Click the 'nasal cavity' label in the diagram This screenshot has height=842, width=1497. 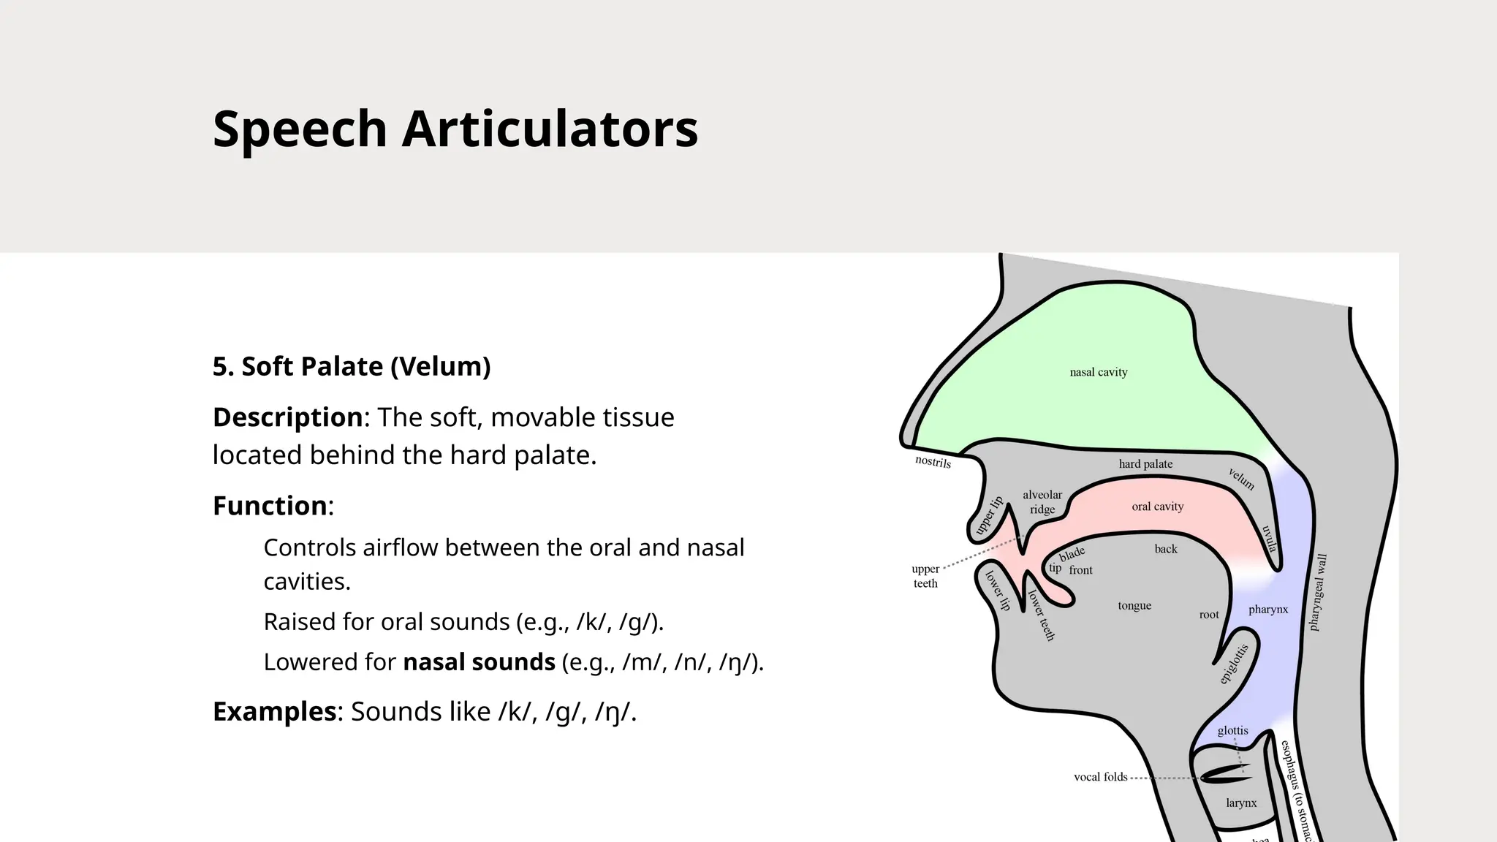1098,372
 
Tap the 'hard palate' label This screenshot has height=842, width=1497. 1145,464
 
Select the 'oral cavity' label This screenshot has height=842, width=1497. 1157,507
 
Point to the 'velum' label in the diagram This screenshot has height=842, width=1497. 1241,479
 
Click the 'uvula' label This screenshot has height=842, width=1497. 1269,539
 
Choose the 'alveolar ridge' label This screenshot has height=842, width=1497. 1042,502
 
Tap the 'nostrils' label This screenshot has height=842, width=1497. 933,462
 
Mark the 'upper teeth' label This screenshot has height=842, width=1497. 925,576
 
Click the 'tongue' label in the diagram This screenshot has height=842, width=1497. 1134,605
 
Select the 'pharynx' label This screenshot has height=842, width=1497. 1268,610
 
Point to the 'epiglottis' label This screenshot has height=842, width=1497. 1234,664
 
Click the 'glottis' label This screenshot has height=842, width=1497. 1232,731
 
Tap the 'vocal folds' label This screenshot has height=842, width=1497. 1100,777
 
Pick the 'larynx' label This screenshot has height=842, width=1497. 1241,803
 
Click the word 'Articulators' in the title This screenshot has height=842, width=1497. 550,129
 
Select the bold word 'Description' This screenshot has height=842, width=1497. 287,417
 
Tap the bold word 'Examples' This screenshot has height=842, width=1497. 274,711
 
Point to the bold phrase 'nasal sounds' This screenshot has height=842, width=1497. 479,662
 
